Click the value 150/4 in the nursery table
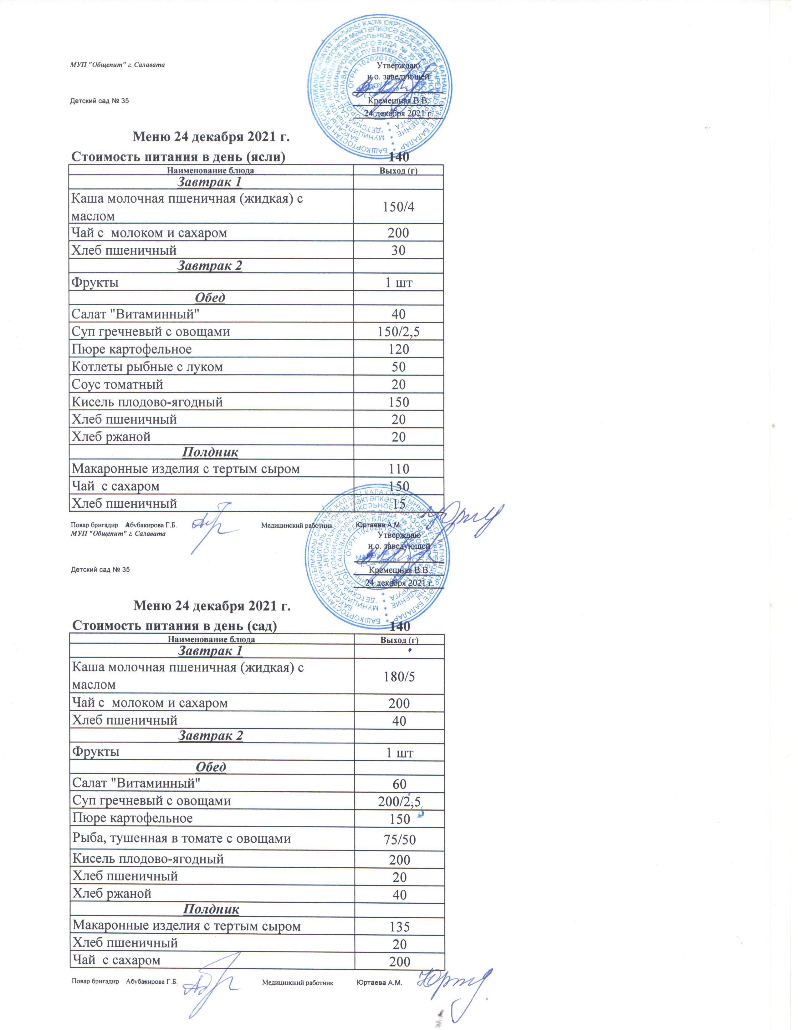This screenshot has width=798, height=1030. (398, 206)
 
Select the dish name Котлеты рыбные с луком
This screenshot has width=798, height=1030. (147, 367)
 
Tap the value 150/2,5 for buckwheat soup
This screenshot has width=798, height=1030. (398, 332)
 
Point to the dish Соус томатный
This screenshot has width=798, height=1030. (117, 384)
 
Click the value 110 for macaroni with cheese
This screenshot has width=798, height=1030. (399, 469)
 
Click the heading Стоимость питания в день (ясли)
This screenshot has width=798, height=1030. (178, 157)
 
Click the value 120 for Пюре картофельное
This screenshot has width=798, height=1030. (398, 349)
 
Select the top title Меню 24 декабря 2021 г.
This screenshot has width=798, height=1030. (211, 137)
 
